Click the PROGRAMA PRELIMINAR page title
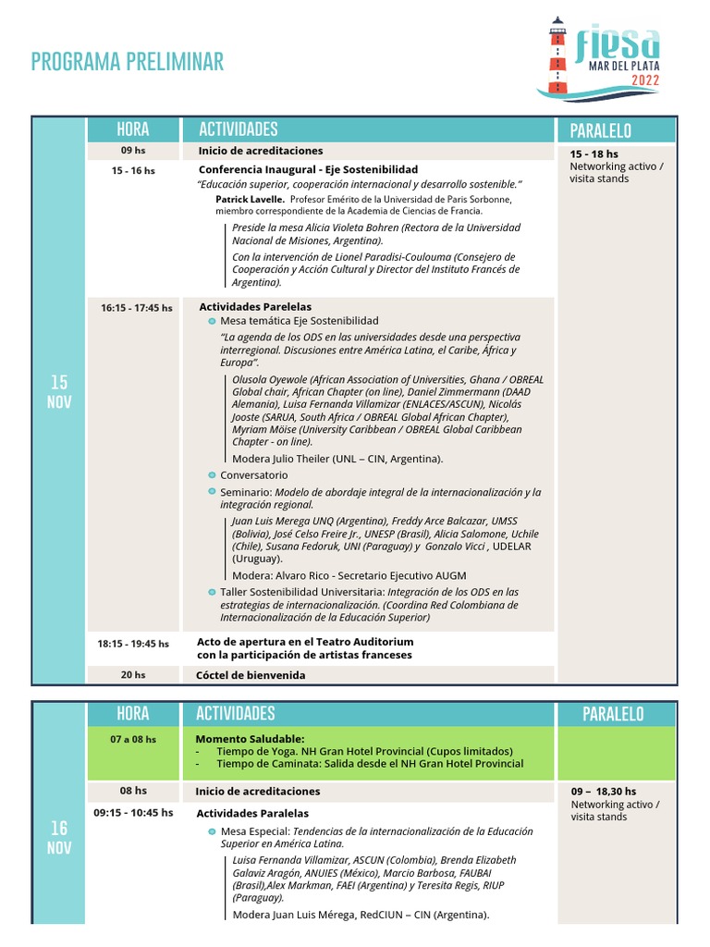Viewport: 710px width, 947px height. tap(128, 62)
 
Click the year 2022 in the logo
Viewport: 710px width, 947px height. tap(645, 80)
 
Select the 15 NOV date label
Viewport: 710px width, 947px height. tap(59, 392)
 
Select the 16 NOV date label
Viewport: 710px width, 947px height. tap(59, 838)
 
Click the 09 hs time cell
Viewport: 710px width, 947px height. tap(133, 151)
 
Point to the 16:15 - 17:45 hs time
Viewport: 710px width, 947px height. tap(136, 308)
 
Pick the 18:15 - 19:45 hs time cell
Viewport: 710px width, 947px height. tap(133, 644)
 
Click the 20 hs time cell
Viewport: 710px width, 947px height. tap(133, 675)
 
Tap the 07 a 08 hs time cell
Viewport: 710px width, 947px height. tap(133, 739)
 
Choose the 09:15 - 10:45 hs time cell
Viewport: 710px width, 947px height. tap(133, 813)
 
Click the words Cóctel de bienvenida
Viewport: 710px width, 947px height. tap(251, 675)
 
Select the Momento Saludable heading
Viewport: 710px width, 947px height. tap(250, 739)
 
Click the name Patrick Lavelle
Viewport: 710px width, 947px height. tap(251, 199)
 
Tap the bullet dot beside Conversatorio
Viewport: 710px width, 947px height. tap(212, 475)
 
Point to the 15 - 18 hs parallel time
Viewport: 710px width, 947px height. tap(594, 154)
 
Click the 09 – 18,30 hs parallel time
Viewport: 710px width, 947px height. tap(603, 792)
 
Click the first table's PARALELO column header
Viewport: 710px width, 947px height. tap(600, 130)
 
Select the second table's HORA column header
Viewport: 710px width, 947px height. tap(133, 713)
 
